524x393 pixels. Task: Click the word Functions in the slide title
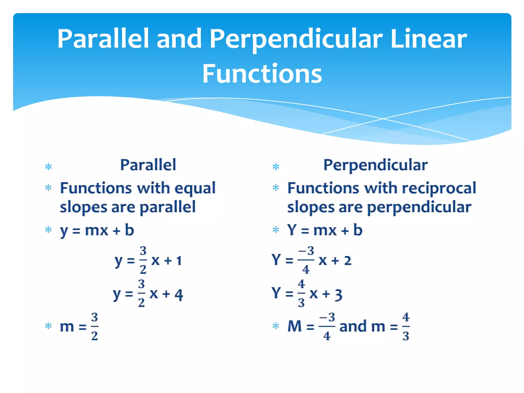tap(262, 74)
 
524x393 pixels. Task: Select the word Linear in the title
tap(429, 39)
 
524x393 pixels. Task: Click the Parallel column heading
tap(148, 165)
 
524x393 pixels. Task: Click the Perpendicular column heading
tap(375, 165)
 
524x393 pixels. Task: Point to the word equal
tap(195, 189)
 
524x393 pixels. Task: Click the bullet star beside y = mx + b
tap(48, 230)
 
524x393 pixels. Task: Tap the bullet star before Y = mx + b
tap(276, 230)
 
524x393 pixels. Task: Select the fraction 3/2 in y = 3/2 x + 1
tap(143, 260)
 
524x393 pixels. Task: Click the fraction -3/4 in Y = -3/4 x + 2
tap(306, 260)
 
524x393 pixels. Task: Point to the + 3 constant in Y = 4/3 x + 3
tap(332, 294)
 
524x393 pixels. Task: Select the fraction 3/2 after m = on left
tap(94, 326)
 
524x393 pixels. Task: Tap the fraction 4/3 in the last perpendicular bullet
tap(406, 326)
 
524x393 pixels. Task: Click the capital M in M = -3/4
tap(294, 326)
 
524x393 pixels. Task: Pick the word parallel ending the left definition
tap(168, 207)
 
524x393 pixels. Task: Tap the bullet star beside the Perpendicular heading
tap(276, 167)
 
